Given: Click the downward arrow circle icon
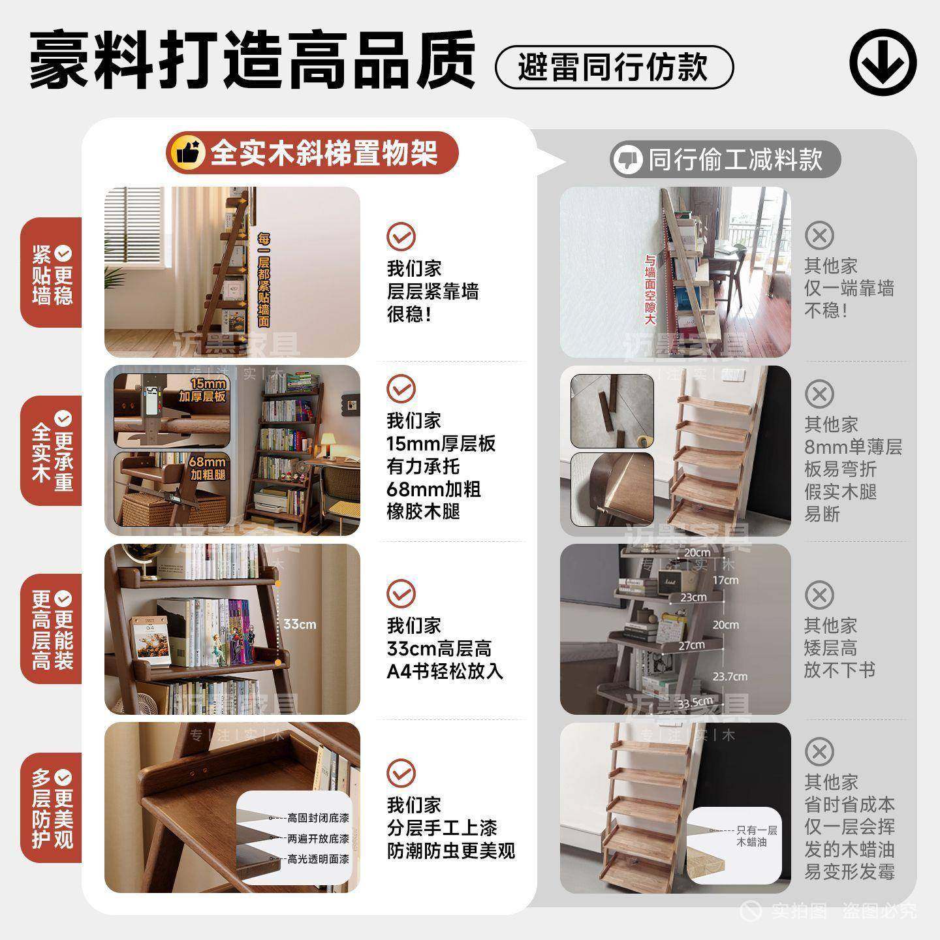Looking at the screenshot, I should [883, 64].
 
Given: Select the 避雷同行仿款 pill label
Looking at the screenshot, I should [614, 67].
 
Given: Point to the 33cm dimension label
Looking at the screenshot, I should [299, 624].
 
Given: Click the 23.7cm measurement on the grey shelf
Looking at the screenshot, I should [730, 676].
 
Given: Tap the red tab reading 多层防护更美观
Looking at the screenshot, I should [52, 807].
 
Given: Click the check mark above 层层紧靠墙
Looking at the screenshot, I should [400, 236].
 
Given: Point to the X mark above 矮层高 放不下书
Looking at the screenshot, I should [819, 595].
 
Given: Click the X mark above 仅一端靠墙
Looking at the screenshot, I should [819, 235].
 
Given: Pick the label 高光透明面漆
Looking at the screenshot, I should [318, 859].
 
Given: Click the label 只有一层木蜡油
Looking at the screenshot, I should [756, 836].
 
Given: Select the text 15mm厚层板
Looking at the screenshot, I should [441, 444].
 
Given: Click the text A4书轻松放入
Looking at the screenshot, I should [445, 671].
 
